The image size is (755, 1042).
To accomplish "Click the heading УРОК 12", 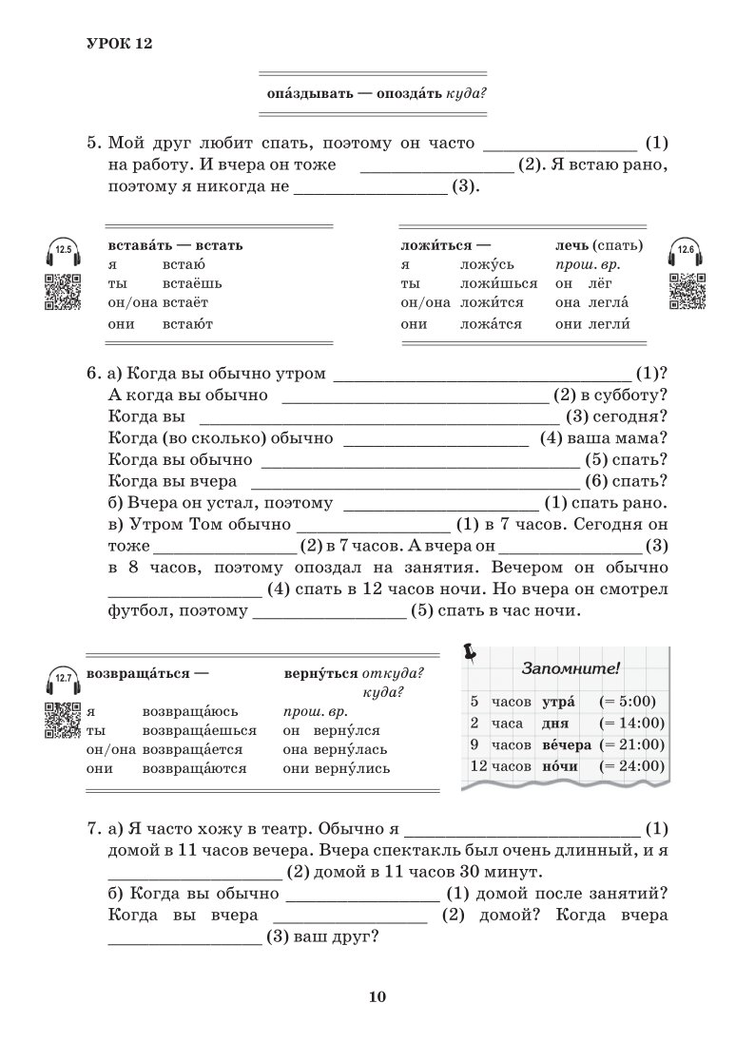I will (119, 44).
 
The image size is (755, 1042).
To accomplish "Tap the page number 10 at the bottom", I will (377, 996).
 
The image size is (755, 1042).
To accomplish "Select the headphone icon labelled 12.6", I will (687, 252).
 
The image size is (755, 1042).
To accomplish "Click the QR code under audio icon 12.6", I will (687, 290).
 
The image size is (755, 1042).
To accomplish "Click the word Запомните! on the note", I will (570, 668).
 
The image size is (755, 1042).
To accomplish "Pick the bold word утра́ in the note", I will (560, 703).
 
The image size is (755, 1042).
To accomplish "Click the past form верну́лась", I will (350, 749).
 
